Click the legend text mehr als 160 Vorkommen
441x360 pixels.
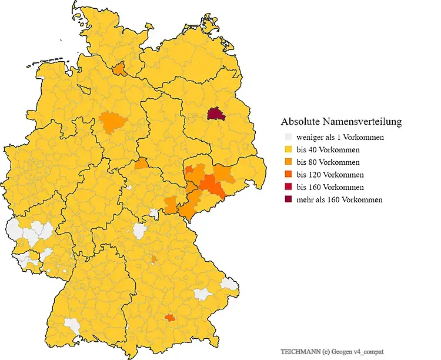(x=340, y=199)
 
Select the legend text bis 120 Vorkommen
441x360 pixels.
(x=330, y=175)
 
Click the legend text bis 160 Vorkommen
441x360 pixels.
(x=330, y=187)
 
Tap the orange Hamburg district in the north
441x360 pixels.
(x=119, y=69)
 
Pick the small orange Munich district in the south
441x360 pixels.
(x=170, y=318)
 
